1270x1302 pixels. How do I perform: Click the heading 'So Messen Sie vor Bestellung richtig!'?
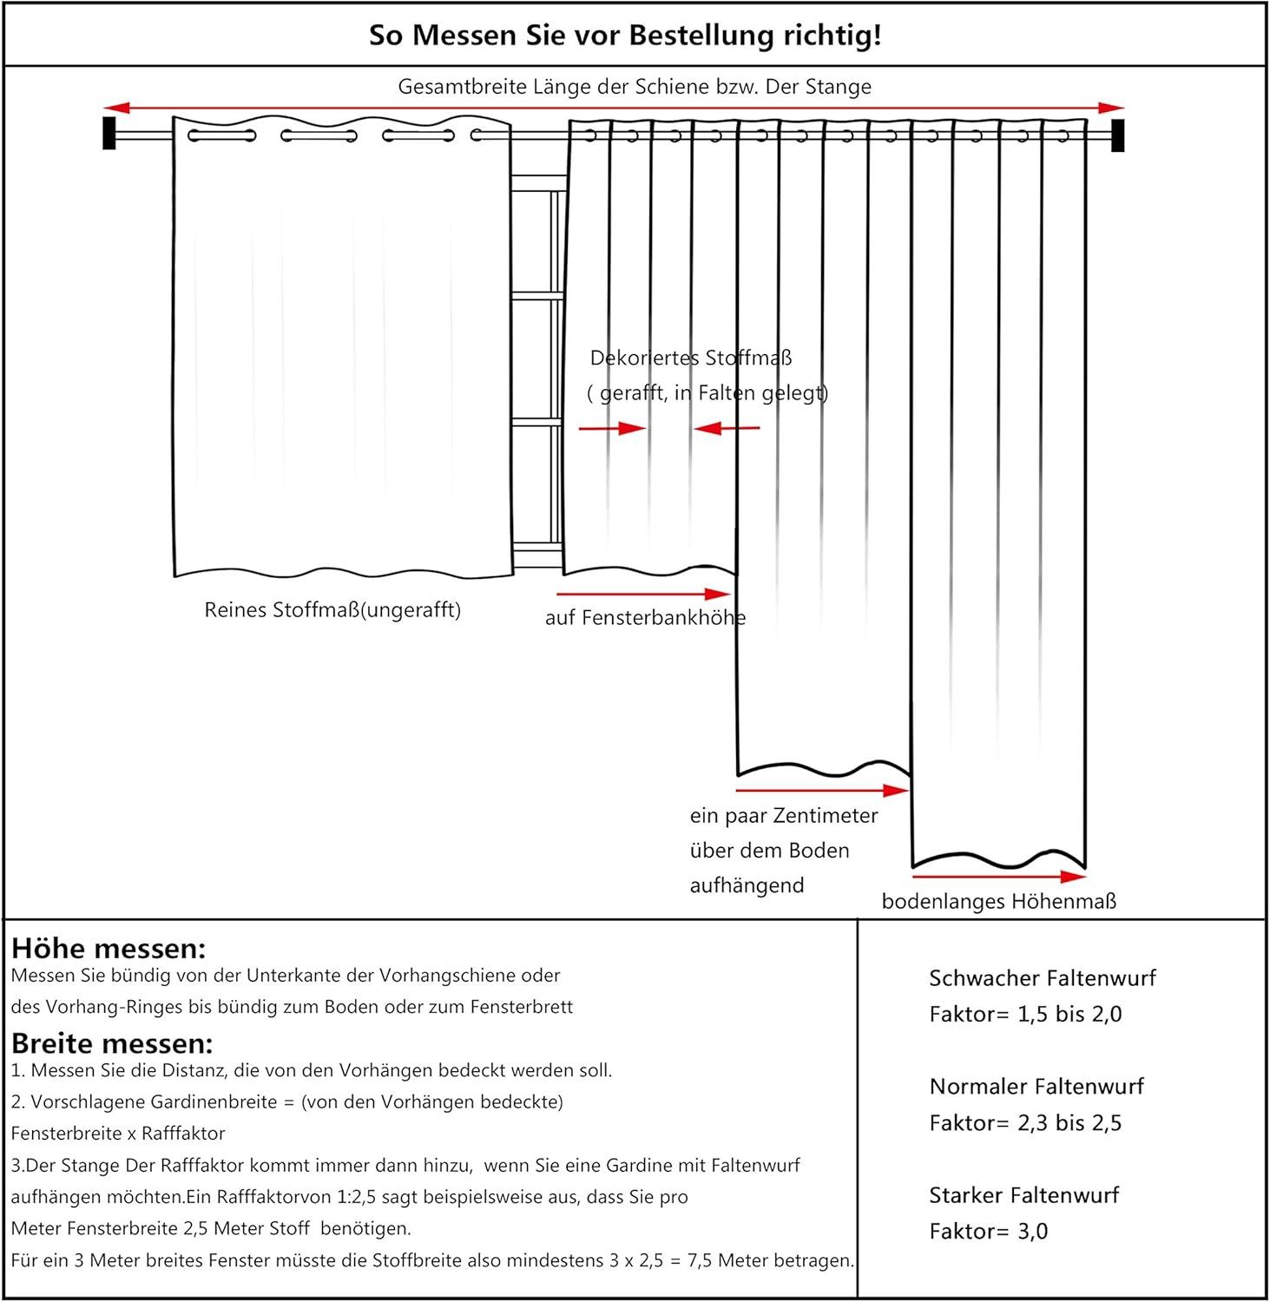[x=625, y=36]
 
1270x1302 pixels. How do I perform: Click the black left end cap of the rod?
[x=109, y=133]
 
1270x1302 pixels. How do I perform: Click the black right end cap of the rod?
[x=1118, y=135]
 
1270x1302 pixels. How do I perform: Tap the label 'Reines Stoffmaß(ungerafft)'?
[x=332, y=610]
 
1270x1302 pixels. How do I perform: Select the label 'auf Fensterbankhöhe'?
[x=645, y=618]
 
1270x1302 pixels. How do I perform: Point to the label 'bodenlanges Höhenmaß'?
[x=998, y=902]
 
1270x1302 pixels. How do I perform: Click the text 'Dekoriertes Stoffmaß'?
[x=691, y=358]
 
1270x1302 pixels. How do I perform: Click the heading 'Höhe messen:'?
[x=109, y=948]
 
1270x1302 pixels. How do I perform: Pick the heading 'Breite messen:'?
[x=112, y=1043]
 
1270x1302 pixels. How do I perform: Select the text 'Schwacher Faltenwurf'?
[x=1043, y=978]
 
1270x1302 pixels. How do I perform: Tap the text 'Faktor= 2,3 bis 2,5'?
[x=1025, y=1123]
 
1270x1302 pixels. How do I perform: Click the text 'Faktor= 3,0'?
[x=989, y=1232]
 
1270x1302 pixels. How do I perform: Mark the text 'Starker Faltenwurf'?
[x=1024, y=1195]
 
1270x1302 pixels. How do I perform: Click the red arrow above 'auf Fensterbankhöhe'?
[x=643, y=595]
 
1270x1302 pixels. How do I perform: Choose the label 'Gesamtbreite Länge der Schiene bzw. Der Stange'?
[x=635, y=87]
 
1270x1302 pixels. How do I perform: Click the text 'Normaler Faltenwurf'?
[x=1036, y=1087]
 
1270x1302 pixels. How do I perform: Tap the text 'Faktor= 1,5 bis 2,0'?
[x=1025, y=1015]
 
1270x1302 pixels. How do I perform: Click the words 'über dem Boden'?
[x=769, y=851]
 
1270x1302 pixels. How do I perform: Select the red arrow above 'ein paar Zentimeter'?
[x=821, y=791]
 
